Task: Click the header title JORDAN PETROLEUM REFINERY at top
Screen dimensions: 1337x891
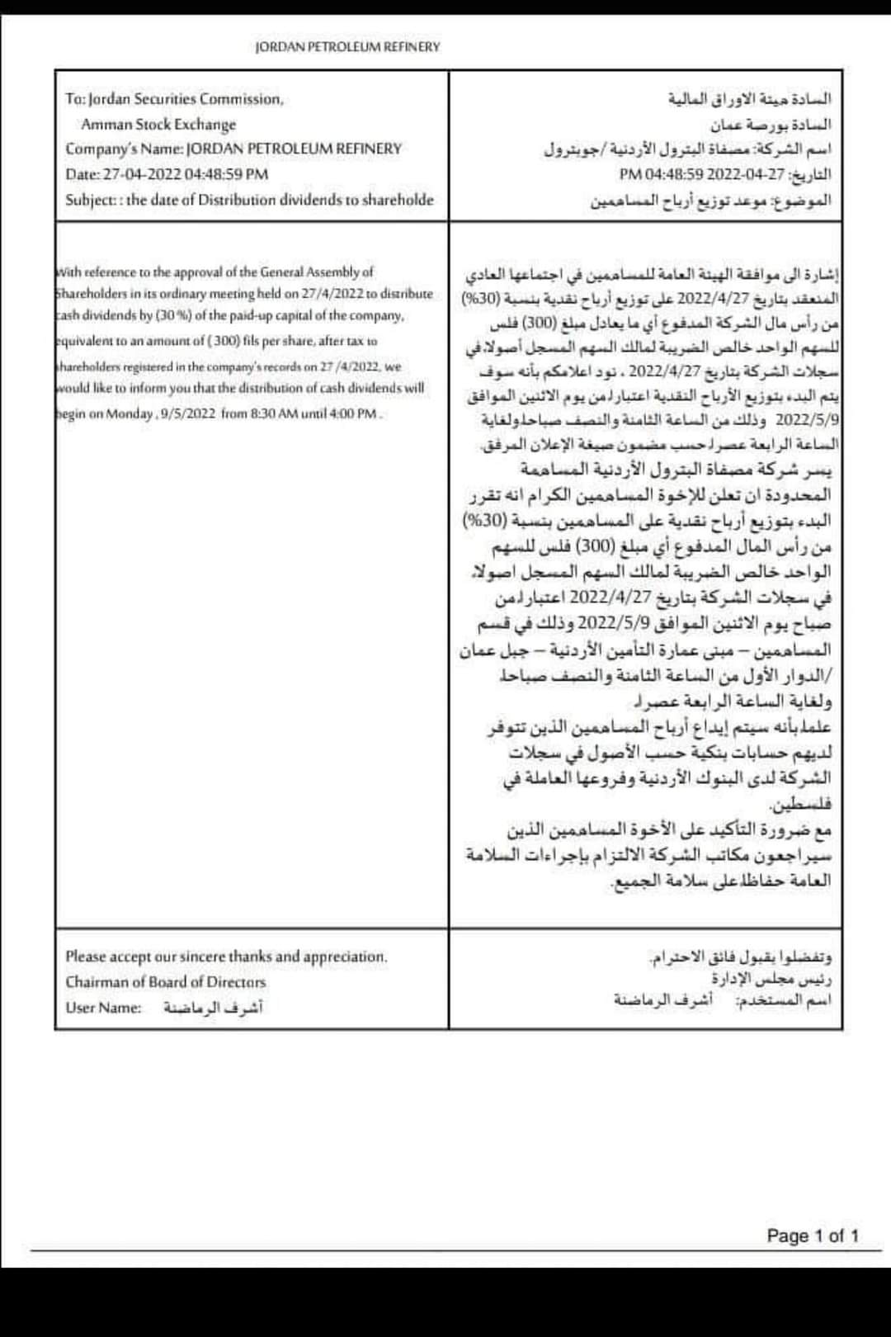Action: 347,47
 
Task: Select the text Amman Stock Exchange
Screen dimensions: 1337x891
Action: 158,125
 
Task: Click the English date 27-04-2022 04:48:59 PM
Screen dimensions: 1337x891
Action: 186,174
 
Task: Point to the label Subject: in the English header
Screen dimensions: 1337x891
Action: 93,200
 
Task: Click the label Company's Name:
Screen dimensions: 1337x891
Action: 125,149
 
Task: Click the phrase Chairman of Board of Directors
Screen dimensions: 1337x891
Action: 166,982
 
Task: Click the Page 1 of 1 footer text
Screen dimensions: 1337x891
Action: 813,1235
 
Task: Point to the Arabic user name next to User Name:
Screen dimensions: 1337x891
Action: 213,1008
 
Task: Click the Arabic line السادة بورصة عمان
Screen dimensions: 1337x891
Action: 771,125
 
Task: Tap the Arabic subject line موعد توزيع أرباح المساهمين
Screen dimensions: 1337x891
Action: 676,200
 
